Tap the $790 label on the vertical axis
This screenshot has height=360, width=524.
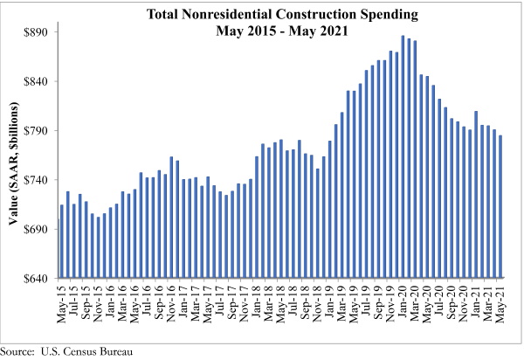point(34,131)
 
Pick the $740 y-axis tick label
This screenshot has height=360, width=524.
point(34,181)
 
